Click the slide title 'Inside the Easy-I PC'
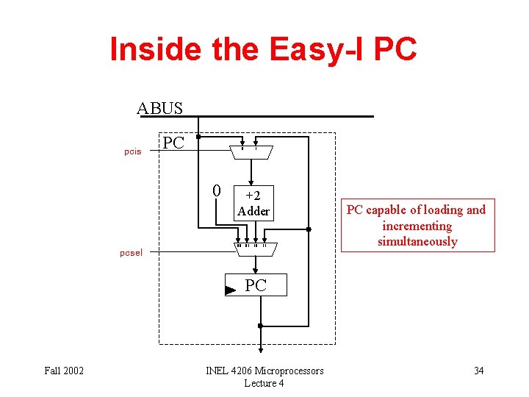click(x=263, y=49)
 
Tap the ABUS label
click(x=159, y=109)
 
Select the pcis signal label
click(x=132, y=152)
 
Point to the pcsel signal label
click(x=132, y=253)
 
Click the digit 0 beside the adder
click(x=216, y=191)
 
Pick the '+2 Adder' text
click(x=253, y=204)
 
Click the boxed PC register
click(x=256, y=285)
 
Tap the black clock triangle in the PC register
click(x=230, y=290)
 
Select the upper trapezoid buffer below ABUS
click(x=251, y=152)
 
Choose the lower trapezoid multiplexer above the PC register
click(x=254, y=249)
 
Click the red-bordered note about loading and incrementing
click(x=416, y=225)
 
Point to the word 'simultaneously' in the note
click(x=417, y=241)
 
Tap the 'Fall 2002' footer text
click(x=64, y=371)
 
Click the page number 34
click(x=478, y=371)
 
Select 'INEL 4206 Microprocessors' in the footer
click(x=264, y=371)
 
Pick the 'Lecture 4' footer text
click(x=264, y=383)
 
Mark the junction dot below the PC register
click(x=260, y=325)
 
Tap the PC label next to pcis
click(x=173, y=142)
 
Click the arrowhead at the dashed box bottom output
click(x=260, y=349)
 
